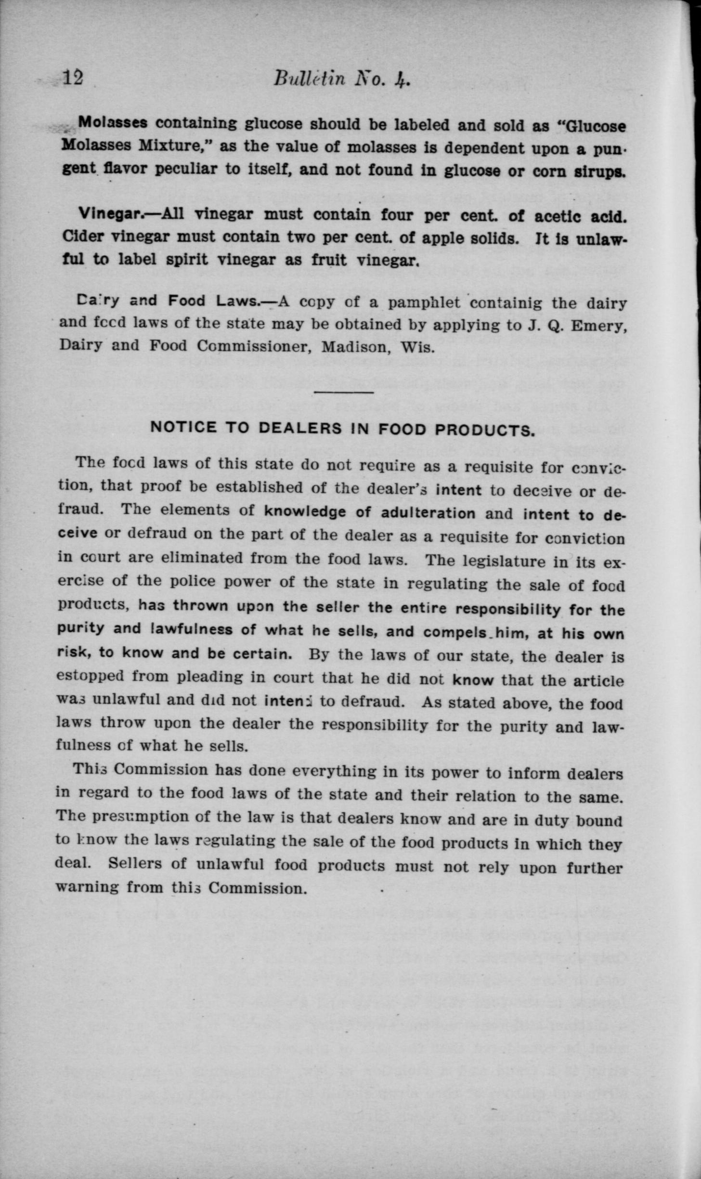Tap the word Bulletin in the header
point(308,78)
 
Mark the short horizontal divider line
point(343,393)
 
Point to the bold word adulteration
point(428,513)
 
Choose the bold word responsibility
point(507,609)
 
